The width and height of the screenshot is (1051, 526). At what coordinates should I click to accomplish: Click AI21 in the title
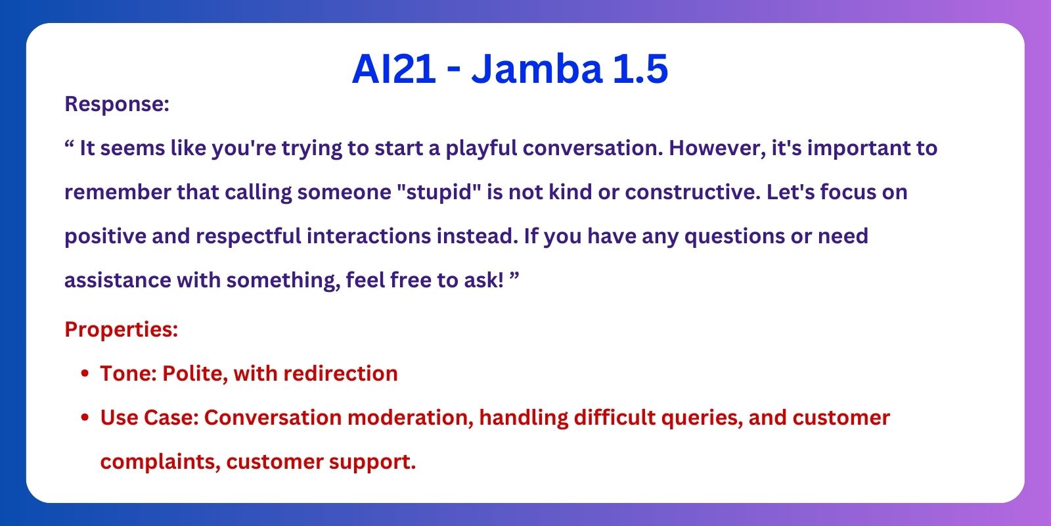click(394, 69)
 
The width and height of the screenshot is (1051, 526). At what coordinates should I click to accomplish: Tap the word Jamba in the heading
click(537, 69)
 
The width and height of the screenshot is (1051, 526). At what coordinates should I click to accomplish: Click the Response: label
click(117, 104)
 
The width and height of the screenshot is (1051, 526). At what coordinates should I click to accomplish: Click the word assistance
click(118, 280)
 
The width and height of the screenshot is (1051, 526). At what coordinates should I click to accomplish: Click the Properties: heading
click(122, 329)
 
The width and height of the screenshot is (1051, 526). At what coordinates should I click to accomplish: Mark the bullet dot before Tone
click(85, 373)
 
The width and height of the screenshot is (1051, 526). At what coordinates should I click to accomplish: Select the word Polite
click(195, 374)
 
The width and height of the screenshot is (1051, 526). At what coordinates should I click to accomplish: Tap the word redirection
click(341, 373)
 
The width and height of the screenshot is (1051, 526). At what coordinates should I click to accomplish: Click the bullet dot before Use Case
click(85, 418)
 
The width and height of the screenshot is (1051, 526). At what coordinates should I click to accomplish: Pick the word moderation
click(411, 418)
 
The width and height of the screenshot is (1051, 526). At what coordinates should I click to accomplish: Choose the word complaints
click(160, 462)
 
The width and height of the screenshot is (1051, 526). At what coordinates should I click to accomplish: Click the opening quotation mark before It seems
click(70, 143)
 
